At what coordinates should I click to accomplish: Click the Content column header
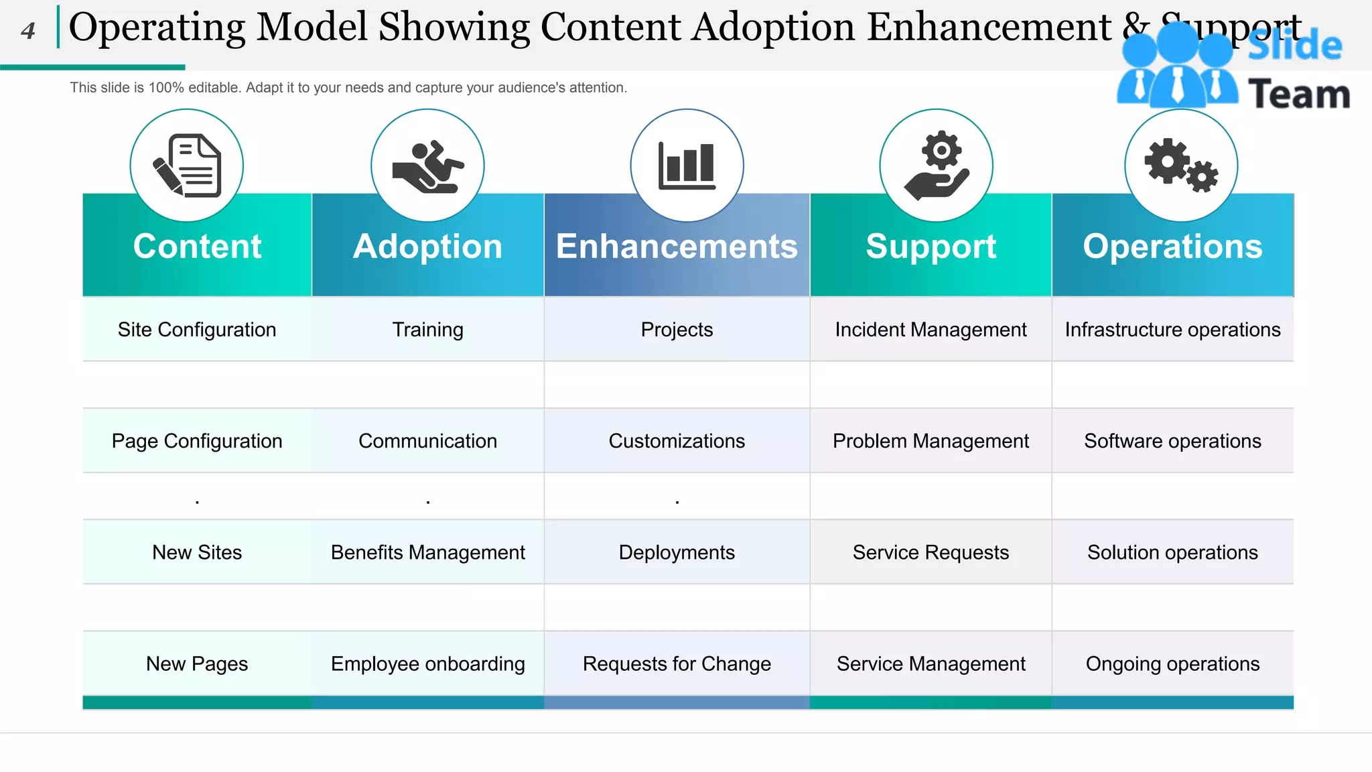pyautogui.click(x=197, y=247)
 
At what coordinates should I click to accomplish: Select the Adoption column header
pyautogui.click(x=427, y=247)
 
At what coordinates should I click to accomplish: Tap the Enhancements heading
pyautogui.click(x=677, y=247)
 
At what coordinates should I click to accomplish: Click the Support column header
pyautogui.click(x=931, y=247)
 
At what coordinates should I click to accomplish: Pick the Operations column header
pyautogui.click(x=1172, y=247)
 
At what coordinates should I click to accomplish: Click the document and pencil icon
pyautogui.click(x=187, y=166)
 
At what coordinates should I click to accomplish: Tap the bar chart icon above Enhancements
pyautogui.click(x=687, y=166)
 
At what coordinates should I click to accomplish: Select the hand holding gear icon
pyautogui.click(x=937, y=166)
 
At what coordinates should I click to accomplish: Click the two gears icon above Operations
pyautogui.click(x=1181, y=166)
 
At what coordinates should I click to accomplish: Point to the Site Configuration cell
pyautogui.click(x=197, y=330)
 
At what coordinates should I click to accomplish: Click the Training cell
pyautogui.click(x=427, y=330)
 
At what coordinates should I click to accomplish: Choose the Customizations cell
pyautogui.click(x=677, y=441)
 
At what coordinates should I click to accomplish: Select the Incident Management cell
pyautogui.click(x=931, y=330)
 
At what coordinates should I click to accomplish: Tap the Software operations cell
pyautogui.click(x=1172, y=441)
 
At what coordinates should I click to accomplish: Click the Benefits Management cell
pyautogui.click(x=427, y=552)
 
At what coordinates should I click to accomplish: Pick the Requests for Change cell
pyautogui.click(x=677, y=663)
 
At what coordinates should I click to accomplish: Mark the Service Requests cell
pyautogui.click(x=931, y=552)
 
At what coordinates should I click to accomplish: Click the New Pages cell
pyautogui.click(x=197, y=663)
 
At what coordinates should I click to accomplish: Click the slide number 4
pyautogui.click(x=27, y=31)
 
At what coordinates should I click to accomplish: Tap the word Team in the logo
pyautogui.click(x=1298, y=94)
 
